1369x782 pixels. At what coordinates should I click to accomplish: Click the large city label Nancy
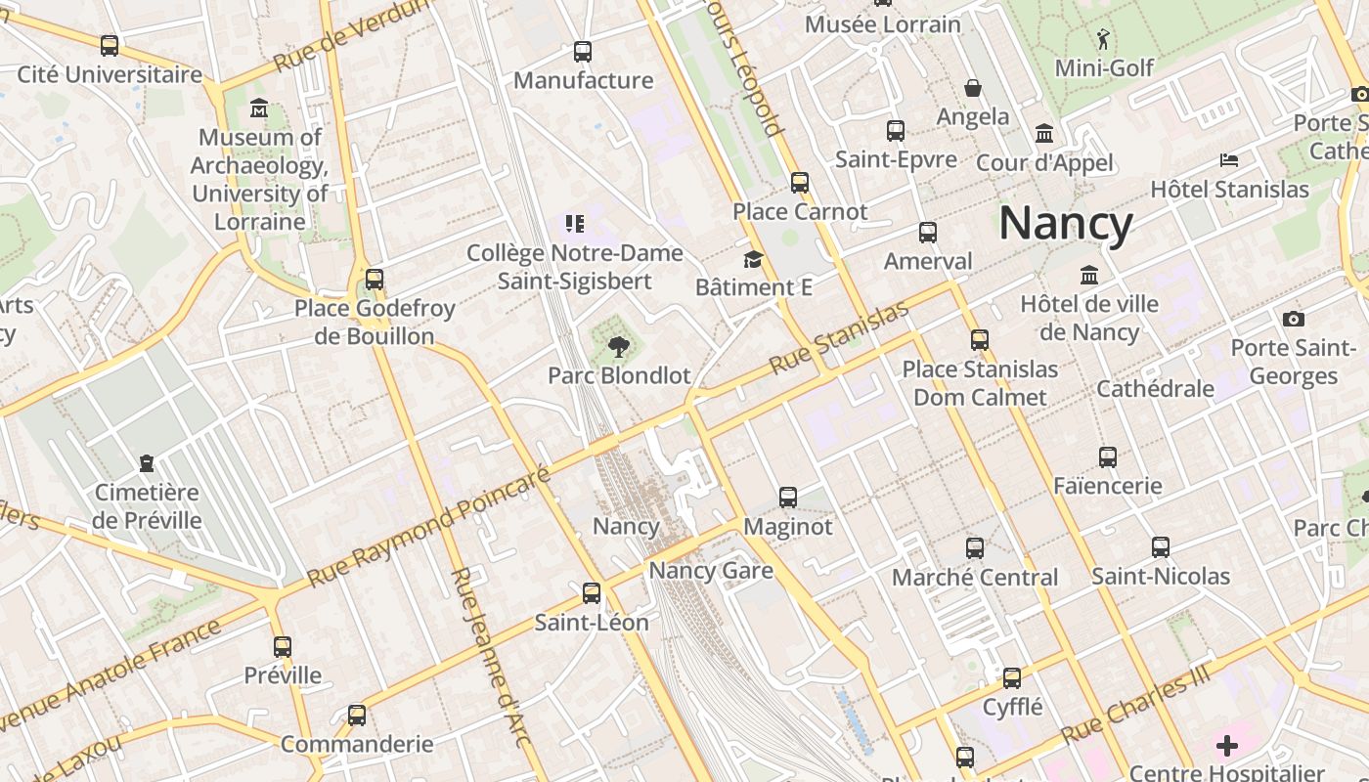(x=1065, y=223)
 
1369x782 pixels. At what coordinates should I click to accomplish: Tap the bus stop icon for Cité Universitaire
(x=110, y=45)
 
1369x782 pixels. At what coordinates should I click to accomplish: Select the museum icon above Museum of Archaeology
(x=259, y=108)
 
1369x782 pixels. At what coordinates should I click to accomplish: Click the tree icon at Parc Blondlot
(x=618, y=346)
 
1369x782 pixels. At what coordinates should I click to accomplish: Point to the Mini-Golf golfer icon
(x=1104, y=39)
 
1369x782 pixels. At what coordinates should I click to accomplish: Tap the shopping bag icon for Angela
(x=973, y=88)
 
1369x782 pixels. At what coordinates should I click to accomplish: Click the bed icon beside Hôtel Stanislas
(x=1229, y=159)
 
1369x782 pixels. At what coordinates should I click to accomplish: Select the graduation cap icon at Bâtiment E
(x=753, y=259)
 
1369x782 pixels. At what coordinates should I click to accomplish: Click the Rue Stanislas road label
(x=838, y=338)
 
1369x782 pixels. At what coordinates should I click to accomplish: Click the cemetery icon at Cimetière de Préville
(x=147, y=462)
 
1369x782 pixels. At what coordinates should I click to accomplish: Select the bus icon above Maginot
(x=788, y=498)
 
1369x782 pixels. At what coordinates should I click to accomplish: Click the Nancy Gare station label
(x=711, y=571)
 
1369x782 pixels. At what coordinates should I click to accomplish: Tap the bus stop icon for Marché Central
(x=975, y=548)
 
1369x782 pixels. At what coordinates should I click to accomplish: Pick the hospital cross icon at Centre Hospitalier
(x=1227, y=747)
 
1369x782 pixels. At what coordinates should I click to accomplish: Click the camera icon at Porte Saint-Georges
(x=1293, y=319)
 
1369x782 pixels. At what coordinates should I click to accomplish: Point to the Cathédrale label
(x=1155, y=388)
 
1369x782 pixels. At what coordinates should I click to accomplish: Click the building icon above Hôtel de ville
(x=1089, y=276)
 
